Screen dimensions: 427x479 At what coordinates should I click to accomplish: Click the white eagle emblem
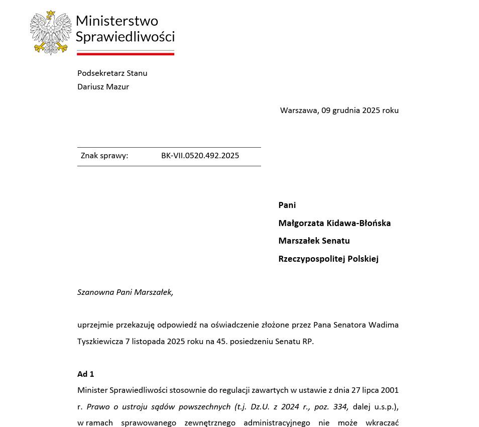[x=51, y=32]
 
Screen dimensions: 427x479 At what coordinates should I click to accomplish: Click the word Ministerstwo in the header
[x=116, y=21]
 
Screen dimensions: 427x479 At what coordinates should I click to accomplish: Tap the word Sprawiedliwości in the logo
[x=125, y=36]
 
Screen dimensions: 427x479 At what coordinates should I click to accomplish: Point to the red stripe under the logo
[x=126, y=53]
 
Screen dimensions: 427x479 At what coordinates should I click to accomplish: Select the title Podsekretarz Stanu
[x=112, y=73]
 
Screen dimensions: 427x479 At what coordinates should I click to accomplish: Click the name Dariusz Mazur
[x=103, y=87]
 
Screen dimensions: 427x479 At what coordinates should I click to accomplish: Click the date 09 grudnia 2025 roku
[x=360, y=111]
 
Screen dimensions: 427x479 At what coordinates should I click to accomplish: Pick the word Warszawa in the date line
[x=299, y=111]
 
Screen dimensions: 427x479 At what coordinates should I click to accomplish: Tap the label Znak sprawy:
[x=104, y=156]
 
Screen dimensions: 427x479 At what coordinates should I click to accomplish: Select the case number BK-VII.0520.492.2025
[x=200, y=156]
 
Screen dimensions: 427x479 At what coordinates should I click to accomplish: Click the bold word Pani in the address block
[x=287, y=205]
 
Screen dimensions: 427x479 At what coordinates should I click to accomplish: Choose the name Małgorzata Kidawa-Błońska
[x=334, y=223]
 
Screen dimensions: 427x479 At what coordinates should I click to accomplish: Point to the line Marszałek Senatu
[x=314, y=241]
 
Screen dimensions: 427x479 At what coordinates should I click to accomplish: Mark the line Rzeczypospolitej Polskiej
[x=328, y=259]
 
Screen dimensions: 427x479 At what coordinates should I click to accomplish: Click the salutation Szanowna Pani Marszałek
[x=125, y=292]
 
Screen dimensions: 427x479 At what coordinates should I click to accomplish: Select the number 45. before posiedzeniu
[x=222, y=342]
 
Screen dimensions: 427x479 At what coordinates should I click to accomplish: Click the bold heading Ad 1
[x=86, y=374]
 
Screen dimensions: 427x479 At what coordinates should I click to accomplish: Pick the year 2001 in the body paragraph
[x=390, y=390]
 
